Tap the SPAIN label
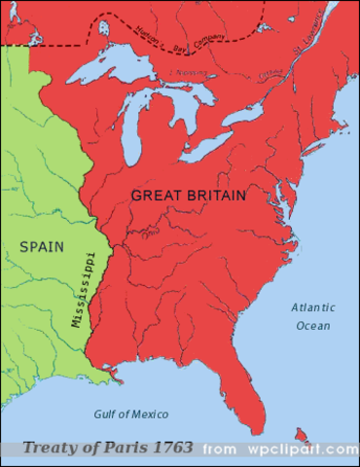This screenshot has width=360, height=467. tap(41, 247)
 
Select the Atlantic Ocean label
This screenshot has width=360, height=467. tap(311, 316)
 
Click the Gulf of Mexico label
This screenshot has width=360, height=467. tap(130, 413)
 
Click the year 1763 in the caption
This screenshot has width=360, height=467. tap(170, 449)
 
